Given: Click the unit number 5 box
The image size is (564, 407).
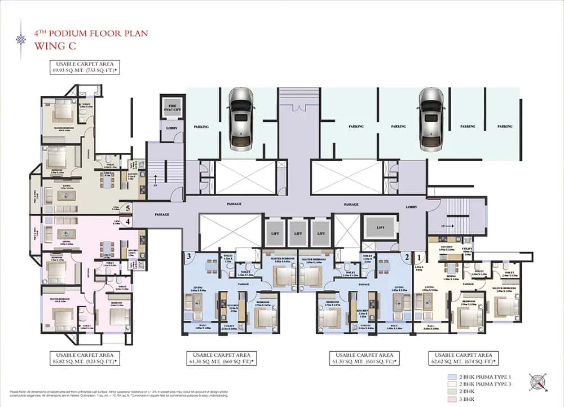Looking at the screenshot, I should pos(129,207).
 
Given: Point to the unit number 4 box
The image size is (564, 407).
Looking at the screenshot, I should pos(129,222).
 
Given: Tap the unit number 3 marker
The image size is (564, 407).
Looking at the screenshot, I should pos(189,257).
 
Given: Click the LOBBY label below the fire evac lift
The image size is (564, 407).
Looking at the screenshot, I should pos(171,129).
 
